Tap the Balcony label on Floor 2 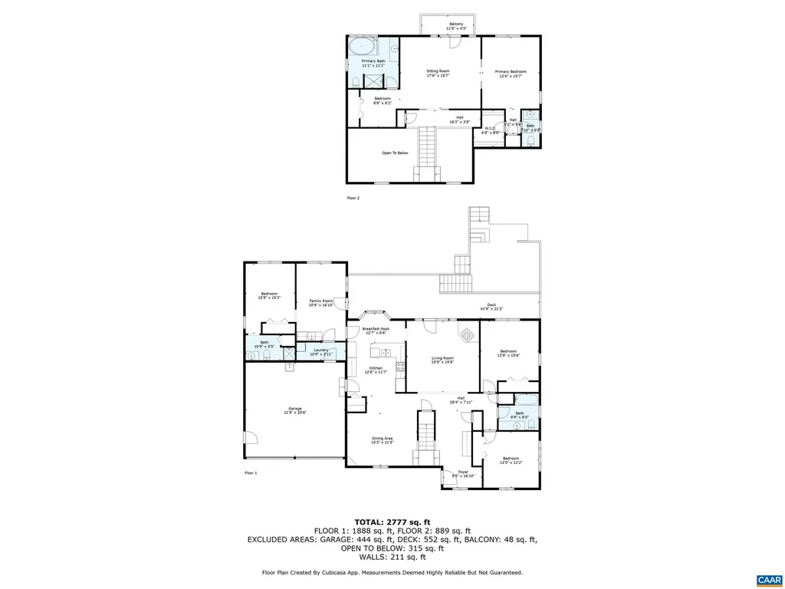(x=456, y=25)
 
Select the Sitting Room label (x=438, y=71)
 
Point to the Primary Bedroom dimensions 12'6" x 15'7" (x=511, y=76)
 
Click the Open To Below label (x=395, y=153)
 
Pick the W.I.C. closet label (x=491, y=129)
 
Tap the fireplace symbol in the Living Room (x=465, y=334)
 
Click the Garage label (x=294, y=408)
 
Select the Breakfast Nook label (x=376, y=328)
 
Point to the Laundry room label (x=321, y=350)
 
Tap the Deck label (x=488, y=305)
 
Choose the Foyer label (x=463, y=472)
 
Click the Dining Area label (x=382, y=438)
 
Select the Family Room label (x=321, y=301)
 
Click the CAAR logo (x=767, y=579)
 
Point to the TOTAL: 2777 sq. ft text (x=392, y=522)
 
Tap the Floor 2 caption (x=353, y=198)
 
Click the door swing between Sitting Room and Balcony (x=455, y=42)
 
